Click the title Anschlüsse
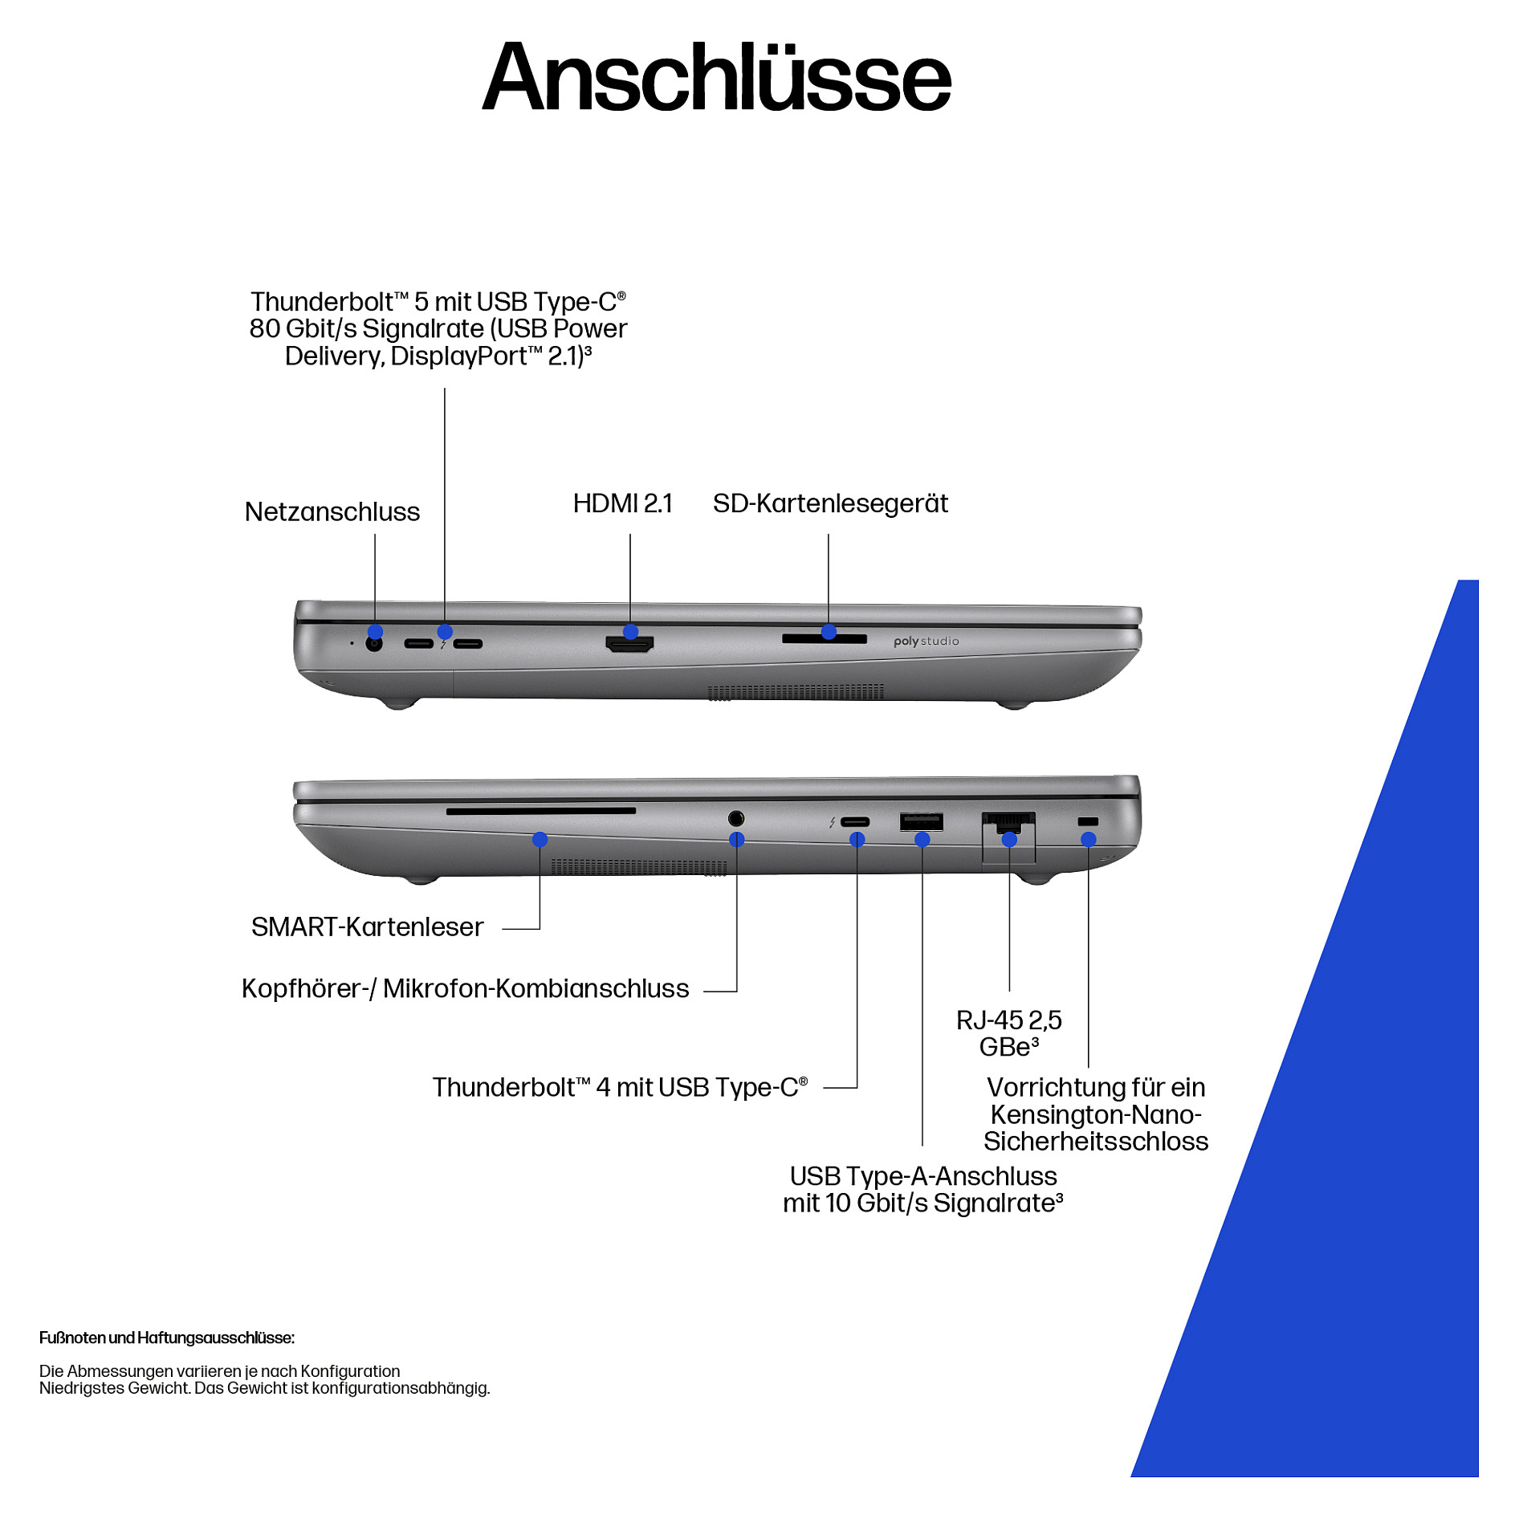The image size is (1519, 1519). click(716, 77)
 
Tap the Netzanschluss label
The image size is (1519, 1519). click(332, 511)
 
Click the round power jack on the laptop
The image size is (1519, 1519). click(373, 643)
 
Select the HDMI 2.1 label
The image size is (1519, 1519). click(622, 503)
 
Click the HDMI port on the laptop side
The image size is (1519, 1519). click(629, 643)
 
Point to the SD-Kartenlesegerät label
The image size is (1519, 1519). click(830, 503)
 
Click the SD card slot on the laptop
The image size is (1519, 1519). click(825, 639)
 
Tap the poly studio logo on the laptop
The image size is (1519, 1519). click(926, 641)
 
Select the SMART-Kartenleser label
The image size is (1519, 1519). click(367, 926)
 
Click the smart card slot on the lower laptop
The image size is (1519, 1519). click(541, 812)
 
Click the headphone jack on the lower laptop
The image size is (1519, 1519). click(736, 818)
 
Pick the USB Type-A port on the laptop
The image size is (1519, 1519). click(922, 821)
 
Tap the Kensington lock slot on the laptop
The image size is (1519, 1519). click(1088, 821)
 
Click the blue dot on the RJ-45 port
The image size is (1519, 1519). click(1009, 840)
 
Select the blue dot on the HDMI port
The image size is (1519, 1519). click(630, 632)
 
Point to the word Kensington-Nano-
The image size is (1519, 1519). click(1096, 1114)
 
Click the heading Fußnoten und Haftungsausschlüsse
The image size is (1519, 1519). click(167, 1338)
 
